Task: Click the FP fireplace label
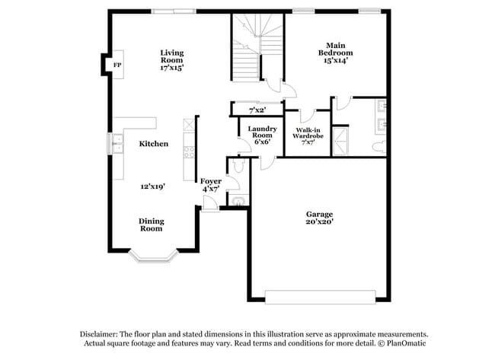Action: pyautogui.click(x=117, y=65)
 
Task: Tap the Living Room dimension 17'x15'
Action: pyautogui.click(x=171, y=68)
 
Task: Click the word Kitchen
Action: pyautogui.click(x=153, y=143)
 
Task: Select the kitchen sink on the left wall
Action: pyautogui.click(x=118, y=144)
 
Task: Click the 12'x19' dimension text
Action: pyautogui.click(x=153, y=186)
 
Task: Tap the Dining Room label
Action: pyautogui.click(x=151, y=225)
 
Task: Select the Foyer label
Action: pyautogui.click(x=211, y=181)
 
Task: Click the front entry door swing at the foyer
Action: pyautogui.click(x=208, y=201)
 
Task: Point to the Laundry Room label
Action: pyautogui.click(x=261, y=134)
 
